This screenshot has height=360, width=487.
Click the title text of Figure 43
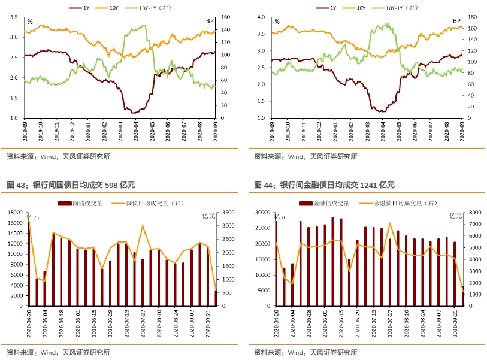coord(71,185)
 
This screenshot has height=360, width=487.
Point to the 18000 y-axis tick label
coord(15,212)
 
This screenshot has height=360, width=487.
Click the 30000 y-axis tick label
coord(262,212)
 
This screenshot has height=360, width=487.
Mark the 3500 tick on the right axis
coord(227,212)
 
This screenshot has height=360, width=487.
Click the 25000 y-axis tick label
coord(262,228)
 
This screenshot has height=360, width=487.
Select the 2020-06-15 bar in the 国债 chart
coord(102,287)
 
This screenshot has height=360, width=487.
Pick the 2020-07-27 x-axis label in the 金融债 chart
coord(390,323)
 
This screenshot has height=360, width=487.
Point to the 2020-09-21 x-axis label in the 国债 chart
coord(208,323)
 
